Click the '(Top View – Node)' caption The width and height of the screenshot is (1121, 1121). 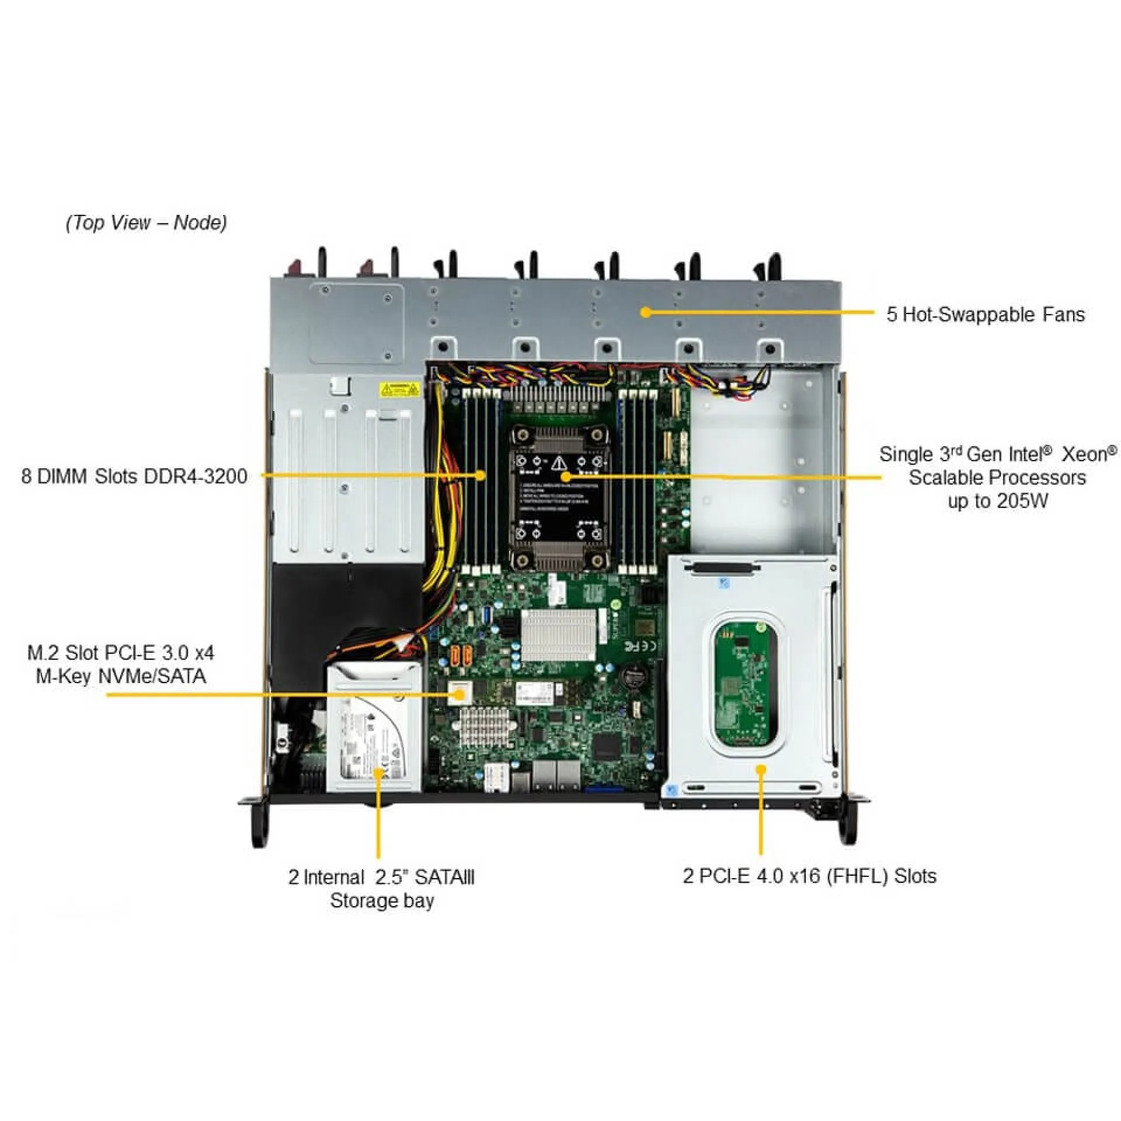(x=146, y=222)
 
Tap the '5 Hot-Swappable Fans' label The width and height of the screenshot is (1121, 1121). (x=986, y=315)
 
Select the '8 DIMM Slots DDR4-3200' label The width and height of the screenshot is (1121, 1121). (x=134, y=476)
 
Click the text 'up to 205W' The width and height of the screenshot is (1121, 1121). (x=998, y=501)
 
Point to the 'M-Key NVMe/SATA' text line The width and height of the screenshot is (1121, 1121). (x=121, y=676)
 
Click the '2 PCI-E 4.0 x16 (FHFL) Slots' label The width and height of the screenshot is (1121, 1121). (x=809, y=876)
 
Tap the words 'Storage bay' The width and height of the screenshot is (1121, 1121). (x=382, y=900)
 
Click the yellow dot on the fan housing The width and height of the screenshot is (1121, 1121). (x=645, y=312)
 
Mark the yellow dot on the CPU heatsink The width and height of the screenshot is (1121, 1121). (x=565, y=476)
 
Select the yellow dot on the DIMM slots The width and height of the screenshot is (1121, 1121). (x=481, y=475)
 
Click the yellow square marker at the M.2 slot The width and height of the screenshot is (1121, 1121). (x=459, y=694)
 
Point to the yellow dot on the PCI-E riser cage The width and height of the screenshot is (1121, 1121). (x=761, y=770)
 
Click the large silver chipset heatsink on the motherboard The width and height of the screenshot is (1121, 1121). (x=558, y=635)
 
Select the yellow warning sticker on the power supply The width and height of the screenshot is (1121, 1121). (x=399, y=389)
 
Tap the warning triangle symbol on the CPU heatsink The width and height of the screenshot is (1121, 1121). (x=559, y=464)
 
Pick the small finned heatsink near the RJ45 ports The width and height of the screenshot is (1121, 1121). (x=486, y=726)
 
